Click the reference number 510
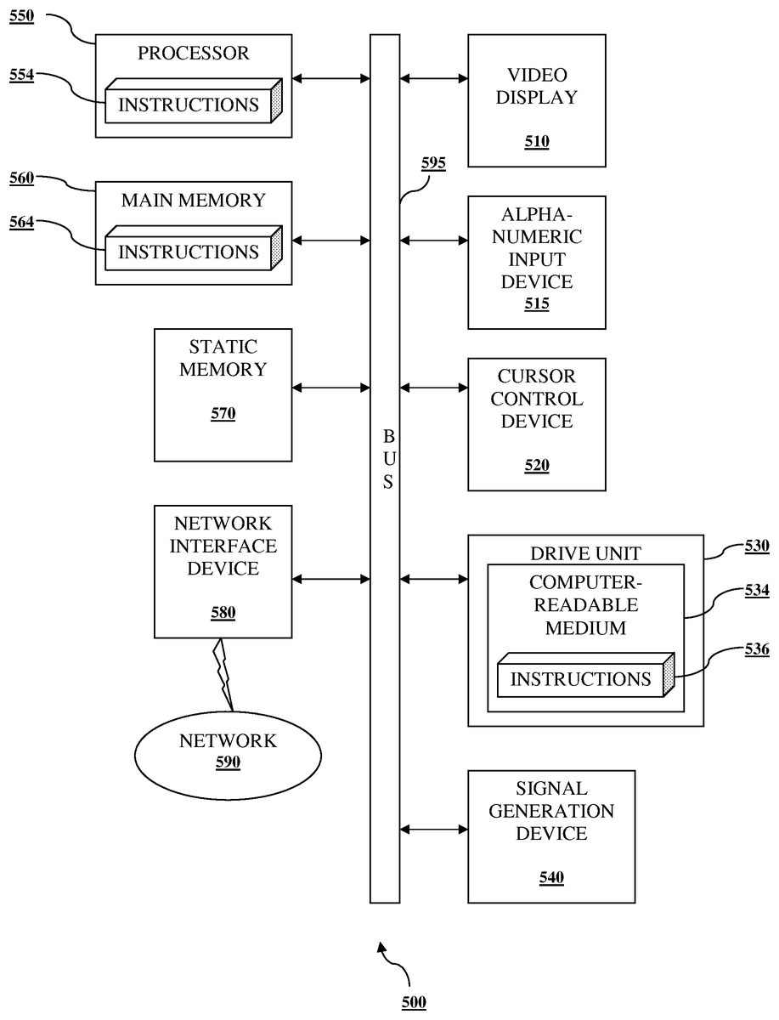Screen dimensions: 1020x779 click(x=536, y=142)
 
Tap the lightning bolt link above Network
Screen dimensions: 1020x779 click(x=225, y=672)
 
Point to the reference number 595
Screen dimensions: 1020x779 click(x=433, y=164)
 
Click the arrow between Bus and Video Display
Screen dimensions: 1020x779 click(x=433, y=79)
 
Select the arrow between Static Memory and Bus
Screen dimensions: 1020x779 click(x=330, y=388)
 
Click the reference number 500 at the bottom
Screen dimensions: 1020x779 click(x=413, y=1003)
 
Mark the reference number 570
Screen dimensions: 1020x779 click(x=223, y=415)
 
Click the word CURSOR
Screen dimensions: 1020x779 click(x=536, y=376)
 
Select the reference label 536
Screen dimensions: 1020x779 click(x=756, y=650)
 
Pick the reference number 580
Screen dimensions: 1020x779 click(x=223, y=613)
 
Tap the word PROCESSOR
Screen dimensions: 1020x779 click(x=194, y=54)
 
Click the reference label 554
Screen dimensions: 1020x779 click(x=22, y=76)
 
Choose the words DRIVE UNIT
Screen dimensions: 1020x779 click(x=585, y=554)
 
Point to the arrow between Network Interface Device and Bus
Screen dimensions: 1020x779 click(x=330, y=580)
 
